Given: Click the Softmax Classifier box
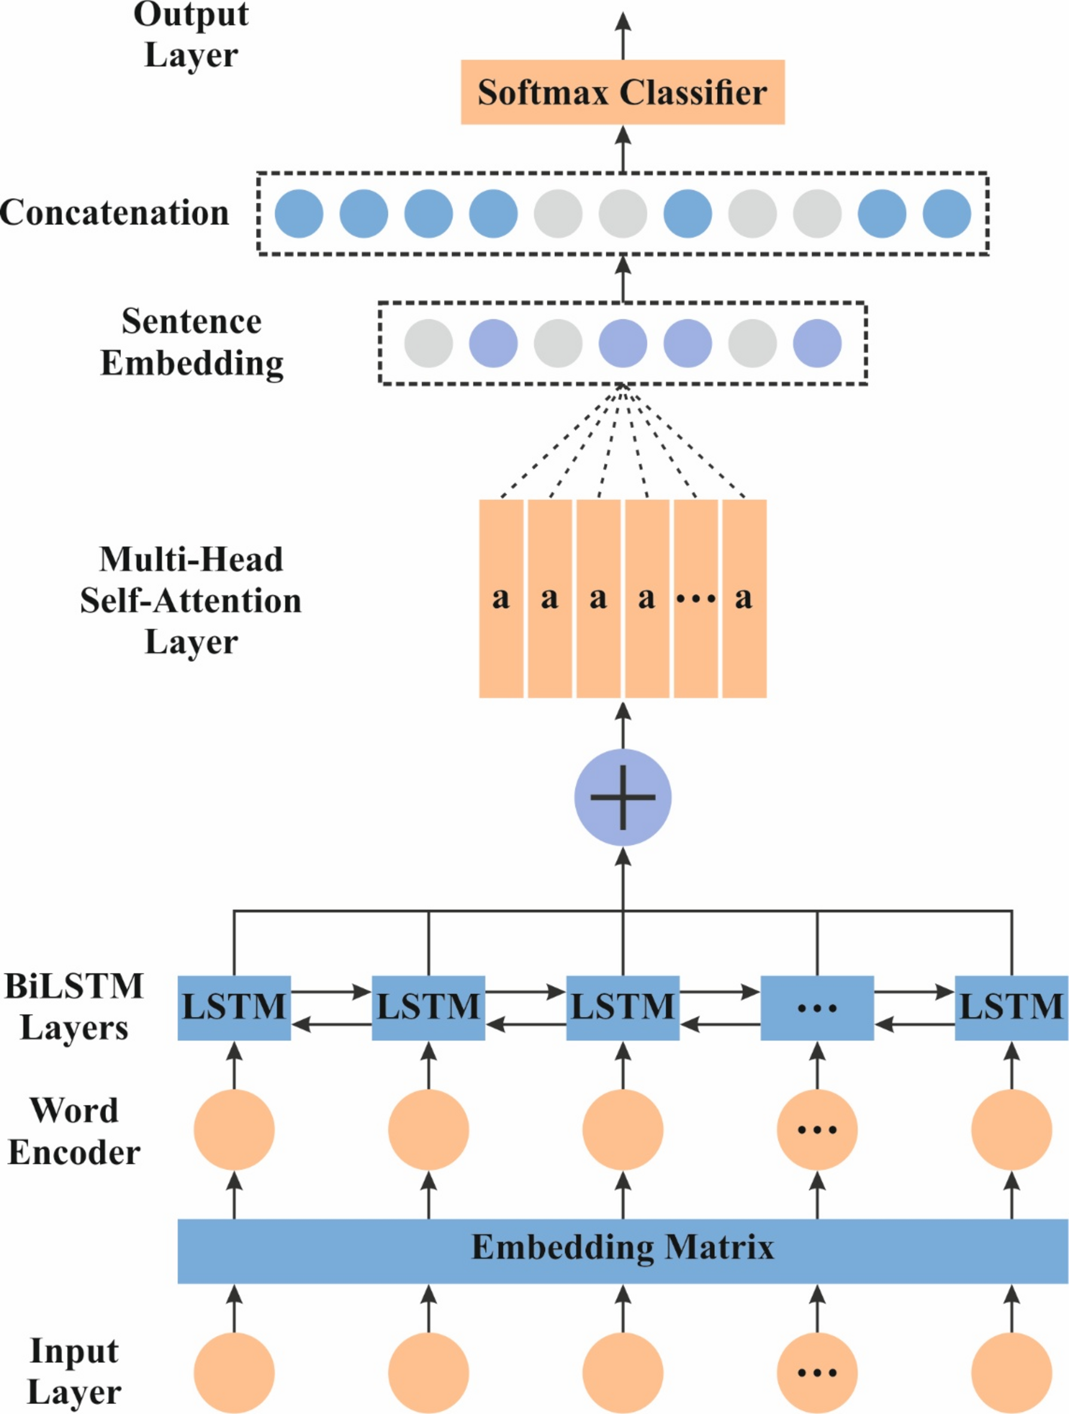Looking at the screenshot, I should (x=622, y=92).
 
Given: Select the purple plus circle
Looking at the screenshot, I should (x=622, y=797).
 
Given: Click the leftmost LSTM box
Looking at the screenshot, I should (x=234, y=1008).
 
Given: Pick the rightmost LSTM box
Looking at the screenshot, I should (x=1011, y=1008).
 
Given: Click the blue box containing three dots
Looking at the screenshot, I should (x=817, y=1008).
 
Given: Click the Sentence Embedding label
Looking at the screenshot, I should (x=191, y=342).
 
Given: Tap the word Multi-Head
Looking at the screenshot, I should (x=190, y=559).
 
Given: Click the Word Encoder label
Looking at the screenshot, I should (x=74, y=1132).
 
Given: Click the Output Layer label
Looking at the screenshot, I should (x=190, y=35).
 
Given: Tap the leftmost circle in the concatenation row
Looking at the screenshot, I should (x=299, y=214).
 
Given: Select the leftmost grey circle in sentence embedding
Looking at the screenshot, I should (x=428, y=343).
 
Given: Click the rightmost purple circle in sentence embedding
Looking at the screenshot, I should (x=817, y=343).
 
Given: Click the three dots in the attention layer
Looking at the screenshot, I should (x=695, y=599).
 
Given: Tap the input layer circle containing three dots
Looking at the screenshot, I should (x=817, y=1373).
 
